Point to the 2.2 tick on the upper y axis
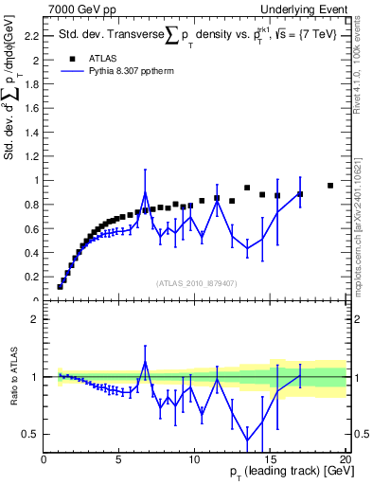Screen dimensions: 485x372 click(31, 36)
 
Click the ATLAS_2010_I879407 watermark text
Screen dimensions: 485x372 click(195, 282)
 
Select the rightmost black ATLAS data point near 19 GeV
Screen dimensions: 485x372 click(329, 186)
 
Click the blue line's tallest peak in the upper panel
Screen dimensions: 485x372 click(145, 193)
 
